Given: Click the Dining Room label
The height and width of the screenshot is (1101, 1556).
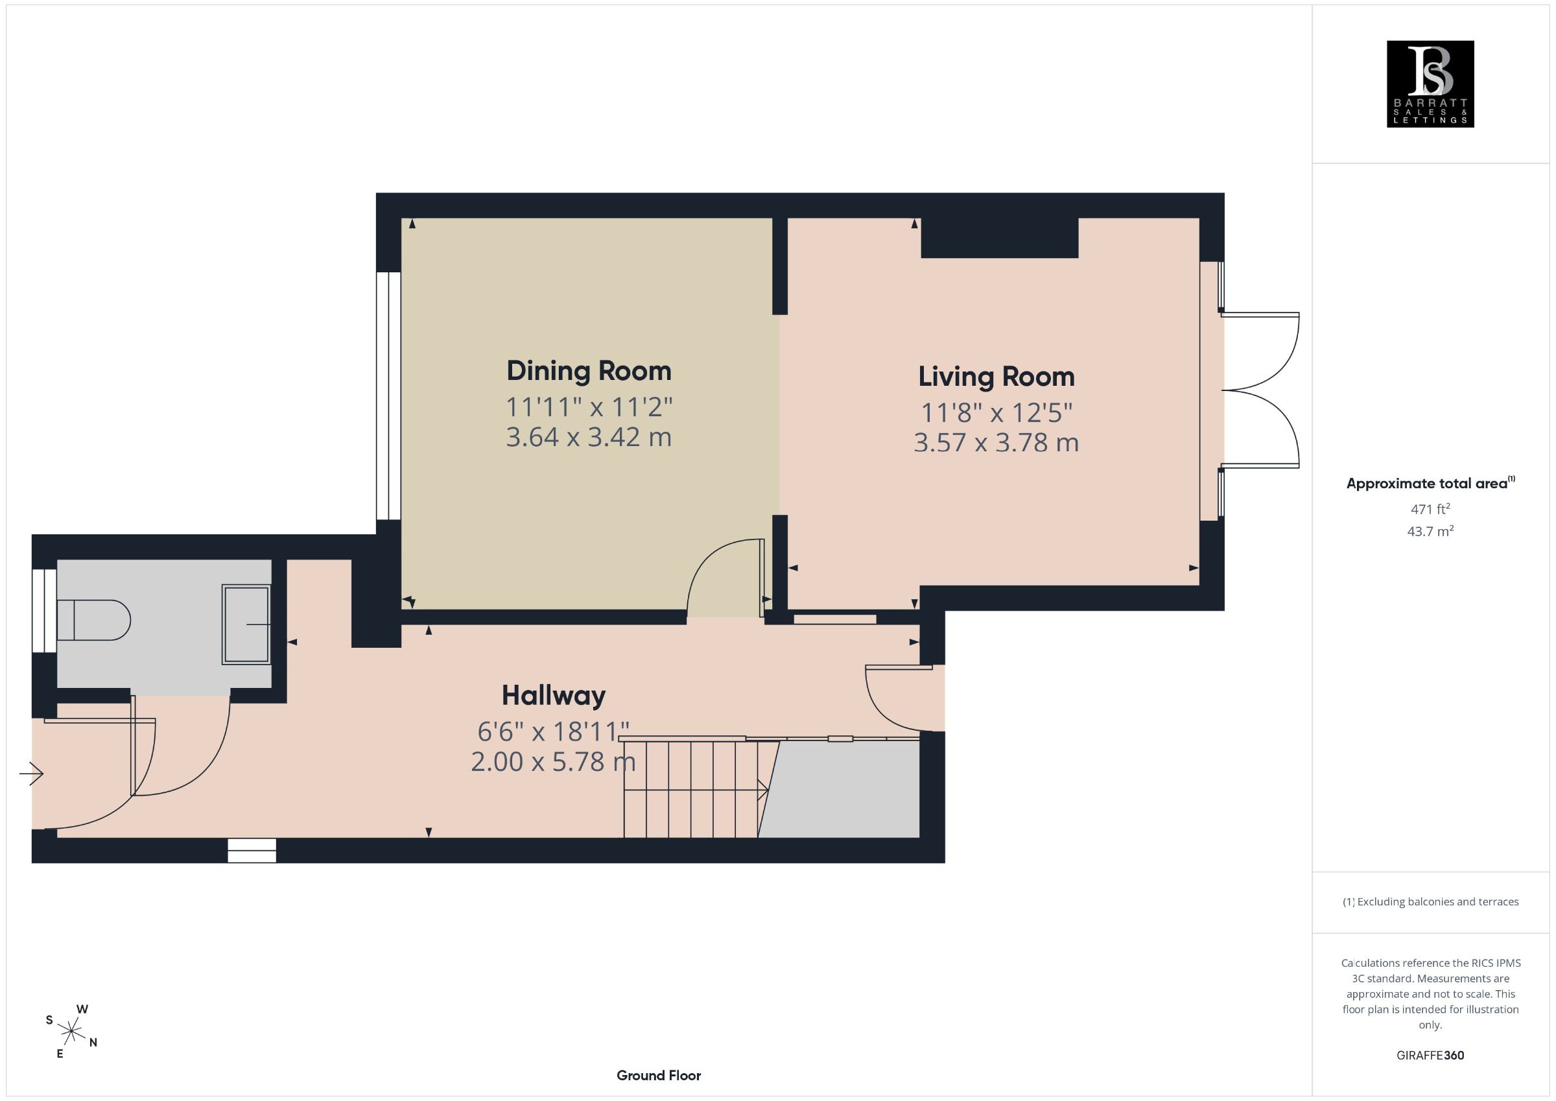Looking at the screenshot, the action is click(589, 371).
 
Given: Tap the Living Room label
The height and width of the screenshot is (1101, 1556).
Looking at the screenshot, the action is click(996, 377).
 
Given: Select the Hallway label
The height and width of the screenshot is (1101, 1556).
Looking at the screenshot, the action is click(554, 696).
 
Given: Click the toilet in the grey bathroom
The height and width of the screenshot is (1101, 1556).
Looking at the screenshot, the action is click(93, 620).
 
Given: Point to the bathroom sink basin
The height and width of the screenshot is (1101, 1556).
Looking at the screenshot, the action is click(246, 624).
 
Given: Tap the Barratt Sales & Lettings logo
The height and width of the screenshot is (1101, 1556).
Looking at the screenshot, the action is click(1430, 84).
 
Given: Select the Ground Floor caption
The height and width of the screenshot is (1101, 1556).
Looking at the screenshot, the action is click(659, 1075).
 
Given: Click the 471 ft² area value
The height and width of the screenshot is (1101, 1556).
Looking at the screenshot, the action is click(1430, 508).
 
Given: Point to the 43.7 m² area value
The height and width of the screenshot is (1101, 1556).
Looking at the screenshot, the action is click(1430, 531).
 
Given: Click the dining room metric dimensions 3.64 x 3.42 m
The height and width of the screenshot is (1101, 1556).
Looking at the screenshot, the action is click(589, 436).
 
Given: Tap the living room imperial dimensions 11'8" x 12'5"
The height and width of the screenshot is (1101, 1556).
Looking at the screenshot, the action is click(996, 413).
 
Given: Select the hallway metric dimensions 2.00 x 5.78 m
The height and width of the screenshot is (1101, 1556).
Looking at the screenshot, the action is click(553, 761).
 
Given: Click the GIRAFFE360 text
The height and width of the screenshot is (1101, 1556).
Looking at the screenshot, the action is click(1430, 1055).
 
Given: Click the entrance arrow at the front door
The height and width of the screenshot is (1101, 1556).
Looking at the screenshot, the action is click(31, 773).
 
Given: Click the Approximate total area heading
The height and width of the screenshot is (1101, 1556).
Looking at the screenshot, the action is click(1430, 483).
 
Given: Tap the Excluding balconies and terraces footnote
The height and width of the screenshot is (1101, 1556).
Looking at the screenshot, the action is click(1430, 902).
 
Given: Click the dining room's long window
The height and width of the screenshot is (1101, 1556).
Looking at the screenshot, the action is click(388, 396).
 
